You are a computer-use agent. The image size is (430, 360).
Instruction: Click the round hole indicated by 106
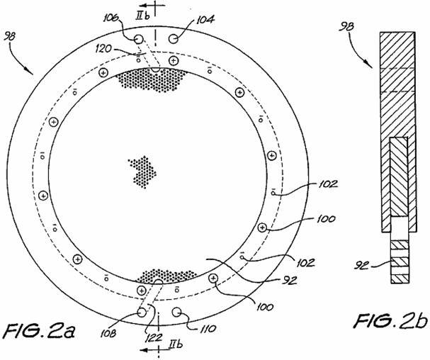tap(138, 37)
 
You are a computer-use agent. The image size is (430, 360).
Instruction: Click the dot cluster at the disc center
tap(143, 172)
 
